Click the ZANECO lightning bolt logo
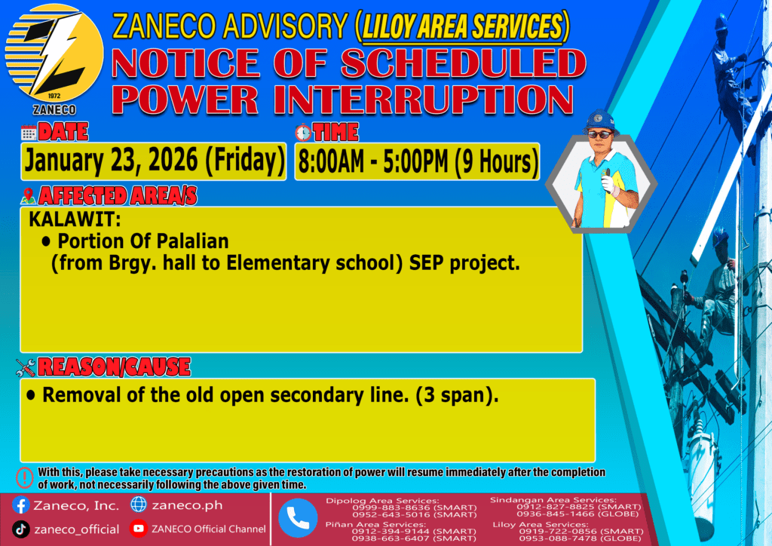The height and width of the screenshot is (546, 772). (x=54, y=54)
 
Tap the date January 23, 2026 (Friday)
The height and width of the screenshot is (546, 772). (x=155, y=161)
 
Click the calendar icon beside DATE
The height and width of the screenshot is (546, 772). (x=29, y=133)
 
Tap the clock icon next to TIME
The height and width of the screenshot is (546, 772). (x=303, y=133)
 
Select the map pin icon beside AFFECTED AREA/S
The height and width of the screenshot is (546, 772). (x=28, y=195)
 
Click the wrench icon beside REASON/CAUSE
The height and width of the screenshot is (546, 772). (x=25, y=367)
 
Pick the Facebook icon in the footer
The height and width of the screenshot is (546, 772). (x=21, y=505)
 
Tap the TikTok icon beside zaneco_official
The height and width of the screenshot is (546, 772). (x=20, y=529)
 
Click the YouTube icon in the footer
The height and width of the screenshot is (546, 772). (x=139, y=528)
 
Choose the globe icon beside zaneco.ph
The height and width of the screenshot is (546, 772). (x=139, y=505)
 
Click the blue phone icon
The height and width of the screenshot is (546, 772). (x=298, y=518)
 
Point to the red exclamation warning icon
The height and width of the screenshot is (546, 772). (x=25, y=477)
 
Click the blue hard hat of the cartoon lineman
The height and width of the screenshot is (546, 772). (x=599, y=120)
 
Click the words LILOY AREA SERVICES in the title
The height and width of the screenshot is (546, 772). (x=462, y=26)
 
